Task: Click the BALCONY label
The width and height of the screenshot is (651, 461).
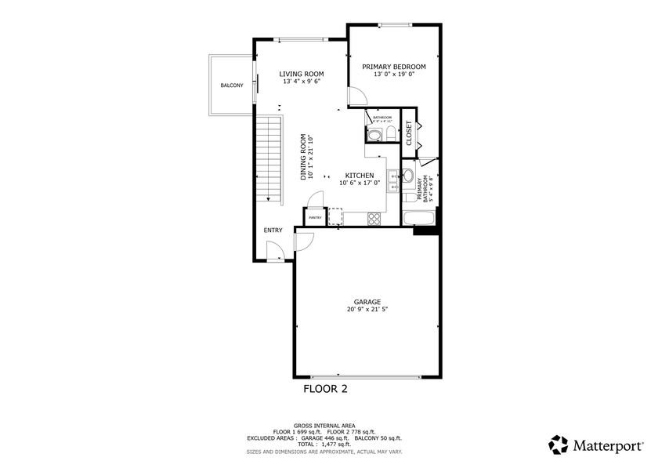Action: (231, 85)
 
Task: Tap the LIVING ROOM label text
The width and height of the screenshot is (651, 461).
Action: (302, 74)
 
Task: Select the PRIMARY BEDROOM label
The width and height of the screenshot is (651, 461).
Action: (393, 67)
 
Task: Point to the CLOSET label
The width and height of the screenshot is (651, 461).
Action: (409, 132)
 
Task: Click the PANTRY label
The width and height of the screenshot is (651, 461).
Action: (316, 217)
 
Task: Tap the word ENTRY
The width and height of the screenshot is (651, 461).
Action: (273, 230)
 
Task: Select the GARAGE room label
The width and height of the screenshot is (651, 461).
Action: (367, 302)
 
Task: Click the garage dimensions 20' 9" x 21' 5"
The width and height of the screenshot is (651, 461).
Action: (367, 310)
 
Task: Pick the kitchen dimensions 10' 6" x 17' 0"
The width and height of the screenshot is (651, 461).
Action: (360, 183)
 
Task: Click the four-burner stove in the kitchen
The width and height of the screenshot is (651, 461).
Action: (374, 218)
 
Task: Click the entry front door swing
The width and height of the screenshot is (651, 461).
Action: (275, 252)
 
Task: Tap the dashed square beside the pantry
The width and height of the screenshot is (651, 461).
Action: (335, 216)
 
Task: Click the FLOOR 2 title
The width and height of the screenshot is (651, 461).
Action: (325, 388)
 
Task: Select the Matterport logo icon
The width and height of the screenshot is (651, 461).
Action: (559, 445)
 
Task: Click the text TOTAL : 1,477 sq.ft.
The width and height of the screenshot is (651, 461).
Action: (325, 445)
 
